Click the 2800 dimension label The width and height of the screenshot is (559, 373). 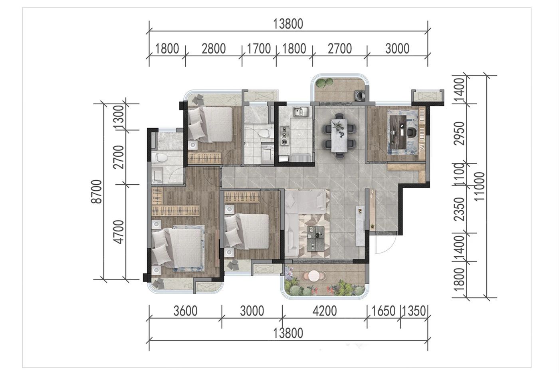(214, 48)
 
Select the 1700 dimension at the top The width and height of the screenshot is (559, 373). (259, 48)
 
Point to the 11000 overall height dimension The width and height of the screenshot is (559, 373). (480, 186)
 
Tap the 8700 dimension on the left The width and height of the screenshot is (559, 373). (97, 191)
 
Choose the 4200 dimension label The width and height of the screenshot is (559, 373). (325, 311)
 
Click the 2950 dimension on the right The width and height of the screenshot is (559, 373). (460, 133)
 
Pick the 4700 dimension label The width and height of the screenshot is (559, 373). (119, 232)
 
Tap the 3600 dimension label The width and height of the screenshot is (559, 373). (185, 311)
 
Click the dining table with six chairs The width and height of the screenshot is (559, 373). (339, 135)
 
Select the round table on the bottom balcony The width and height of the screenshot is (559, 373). (314, 276)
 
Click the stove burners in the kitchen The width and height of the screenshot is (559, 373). (284, 136)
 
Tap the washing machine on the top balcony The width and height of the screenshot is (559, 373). (360, 95)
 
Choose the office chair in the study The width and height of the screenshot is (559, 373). (412, 133)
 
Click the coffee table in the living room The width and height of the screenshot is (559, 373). (316, 238)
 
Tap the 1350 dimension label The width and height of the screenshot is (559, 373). (414, 311)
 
